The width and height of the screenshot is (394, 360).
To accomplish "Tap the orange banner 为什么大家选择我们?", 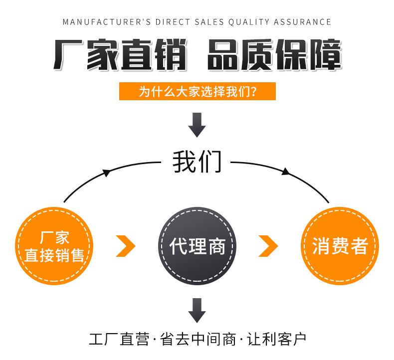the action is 197,92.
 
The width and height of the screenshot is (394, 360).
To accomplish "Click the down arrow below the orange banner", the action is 197,125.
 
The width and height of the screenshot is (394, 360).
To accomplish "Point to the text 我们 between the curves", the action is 197,162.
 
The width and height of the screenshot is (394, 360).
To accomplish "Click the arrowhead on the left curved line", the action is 106,173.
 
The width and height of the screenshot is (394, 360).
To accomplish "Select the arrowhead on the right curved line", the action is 285,172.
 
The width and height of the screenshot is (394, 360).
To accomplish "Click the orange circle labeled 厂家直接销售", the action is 54,246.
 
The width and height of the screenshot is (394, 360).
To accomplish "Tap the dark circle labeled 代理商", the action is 197,246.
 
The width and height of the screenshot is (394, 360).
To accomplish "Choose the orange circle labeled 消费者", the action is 340,246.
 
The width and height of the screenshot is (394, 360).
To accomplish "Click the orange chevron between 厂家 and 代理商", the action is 126,246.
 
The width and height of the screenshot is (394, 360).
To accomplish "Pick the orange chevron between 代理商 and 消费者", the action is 268,246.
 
